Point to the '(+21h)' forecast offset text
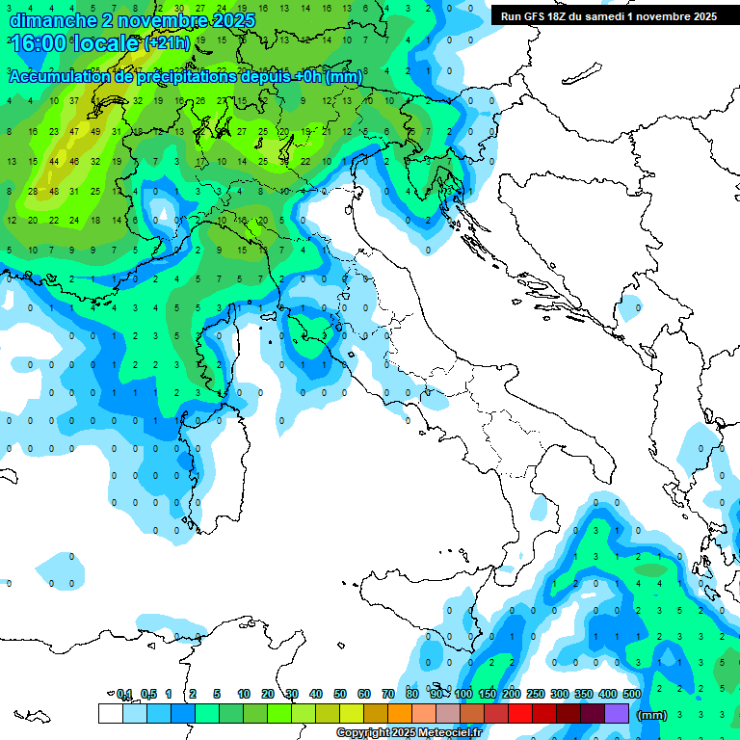pyautogui.click(x=168, y=44)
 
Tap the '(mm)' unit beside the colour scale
pyautogui.click(x=652, y=714)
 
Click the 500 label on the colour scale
pyautogui.click(x=632, y=694)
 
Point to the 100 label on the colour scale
pyautogui.click(x=463, y=694)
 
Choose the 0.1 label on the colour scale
pyautogui.click(x=124, y=694)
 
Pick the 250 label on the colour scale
pyautogui.click(x=536, y=694)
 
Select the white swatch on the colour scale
pyautogui.click(x=110, y=713)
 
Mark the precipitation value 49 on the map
pyautogui.click(x=95, y=131)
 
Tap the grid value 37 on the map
pyautogui.click(x=74, y=101)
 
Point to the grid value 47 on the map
pyautogui.click(x=74, y=131)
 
